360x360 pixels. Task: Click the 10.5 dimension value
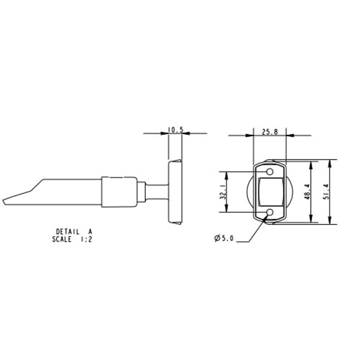(176, 130)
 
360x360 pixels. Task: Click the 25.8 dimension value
(270, 132)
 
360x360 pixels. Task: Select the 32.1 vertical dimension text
(223, 192)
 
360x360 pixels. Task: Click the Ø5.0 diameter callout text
(224, 238)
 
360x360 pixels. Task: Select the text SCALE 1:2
(72, 239)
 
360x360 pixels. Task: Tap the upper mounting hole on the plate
(270, 172)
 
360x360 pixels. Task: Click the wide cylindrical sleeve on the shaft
(119, 192)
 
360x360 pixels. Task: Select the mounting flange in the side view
(175, 192)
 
